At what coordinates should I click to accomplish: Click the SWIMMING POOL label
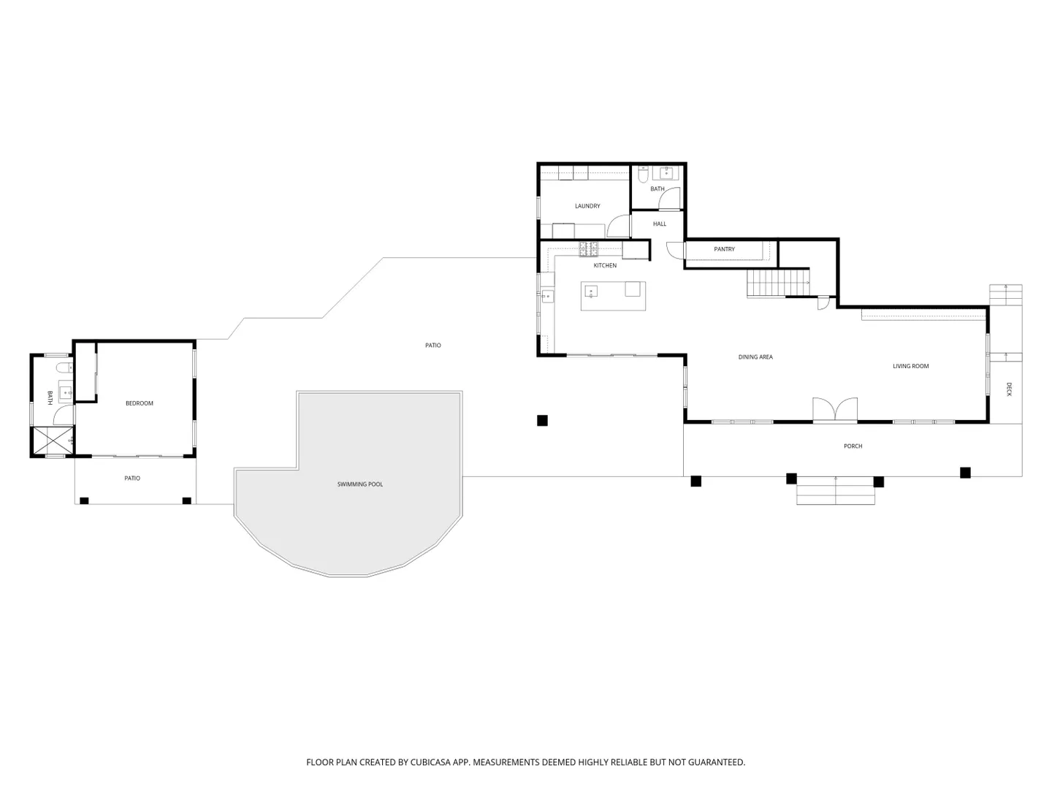coord(359,484)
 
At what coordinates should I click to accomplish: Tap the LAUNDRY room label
coord(587,206)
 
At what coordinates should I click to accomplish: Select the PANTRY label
coord(724,249)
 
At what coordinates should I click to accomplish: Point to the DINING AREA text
coord(755,357)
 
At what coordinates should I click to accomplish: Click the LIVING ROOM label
coord(910,366)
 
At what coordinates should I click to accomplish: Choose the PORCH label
coord(853,446)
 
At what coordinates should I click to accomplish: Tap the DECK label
coord(1008,389)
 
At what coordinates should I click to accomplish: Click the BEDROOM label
coord(139,403)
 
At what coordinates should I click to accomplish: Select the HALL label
coord(659,224)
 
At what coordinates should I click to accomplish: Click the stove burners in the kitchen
coord(589,248)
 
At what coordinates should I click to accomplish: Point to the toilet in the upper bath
coord(644,175)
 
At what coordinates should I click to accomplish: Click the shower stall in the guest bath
coord(53,441)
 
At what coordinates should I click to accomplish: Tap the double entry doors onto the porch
coord(834,410)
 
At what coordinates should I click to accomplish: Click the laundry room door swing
coord(618,226)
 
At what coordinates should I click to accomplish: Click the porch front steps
coord(835,490)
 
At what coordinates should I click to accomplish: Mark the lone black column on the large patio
coord(542,420)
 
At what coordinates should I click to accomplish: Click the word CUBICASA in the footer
coord(430,762)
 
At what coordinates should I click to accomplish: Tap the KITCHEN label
coord(605,265)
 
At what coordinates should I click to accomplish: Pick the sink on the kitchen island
coord(591,291)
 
